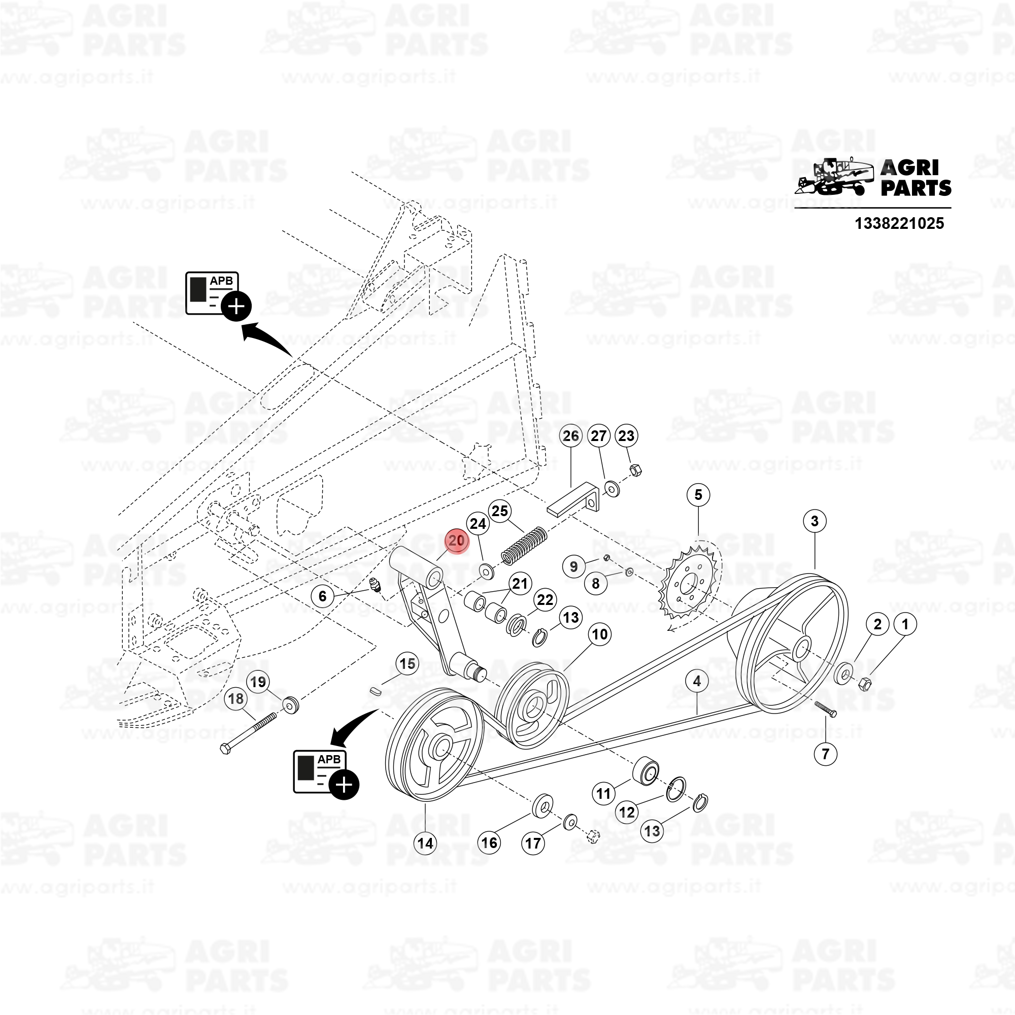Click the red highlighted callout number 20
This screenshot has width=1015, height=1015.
tap(457, 540)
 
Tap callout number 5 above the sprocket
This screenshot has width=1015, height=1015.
tap(698, 494)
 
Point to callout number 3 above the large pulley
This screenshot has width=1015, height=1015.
tap(815, 521)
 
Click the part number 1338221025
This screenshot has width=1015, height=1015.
tap(899, 223)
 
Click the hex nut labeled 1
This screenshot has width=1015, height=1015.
tap(864, 684)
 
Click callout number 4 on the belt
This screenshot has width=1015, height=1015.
tap(697, 681)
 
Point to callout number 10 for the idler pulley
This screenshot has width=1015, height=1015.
tap(600, 634)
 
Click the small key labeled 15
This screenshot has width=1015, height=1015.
tap(375, 690)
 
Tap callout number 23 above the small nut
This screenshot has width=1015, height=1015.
tap(626, 435)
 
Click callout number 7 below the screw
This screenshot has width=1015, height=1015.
tap(825, 754)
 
